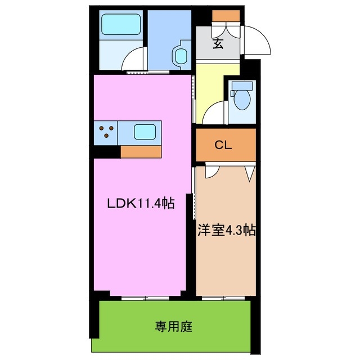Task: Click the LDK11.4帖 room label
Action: (x=141, y=204)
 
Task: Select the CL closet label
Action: (x=224, y=145)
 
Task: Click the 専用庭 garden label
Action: (x=174, y=326)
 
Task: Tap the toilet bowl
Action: (x=242, y=97)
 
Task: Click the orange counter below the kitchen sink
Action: (x=141, y=151)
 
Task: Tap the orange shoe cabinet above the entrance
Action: (x=226, y=16)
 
